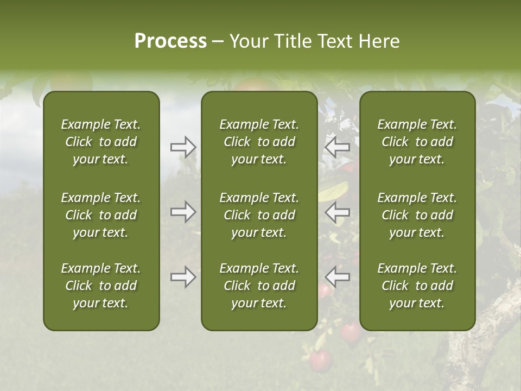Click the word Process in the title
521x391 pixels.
pos(170,41)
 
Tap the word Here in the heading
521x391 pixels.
pos(379,41)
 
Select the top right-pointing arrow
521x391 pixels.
pos(183,147)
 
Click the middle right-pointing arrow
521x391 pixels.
pos(183,212)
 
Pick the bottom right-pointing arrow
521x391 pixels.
pos(183,277)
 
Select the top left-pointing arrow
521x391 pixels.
pos(338,147)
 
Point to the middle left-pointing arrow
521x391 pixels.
pos(338,212)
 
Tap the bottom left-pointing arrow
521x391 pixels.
pos(338,277)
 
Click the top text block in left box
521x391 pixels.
pos(101,142)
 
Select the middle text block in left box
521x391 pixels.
pos(101,215)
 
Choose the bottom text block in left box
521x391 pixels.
pos(101,286)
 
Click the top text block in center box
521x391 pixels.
pos(259,142)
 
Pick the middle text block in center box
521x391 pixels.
pos(259,215)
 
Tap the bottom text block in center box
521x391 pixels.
pos(259,286)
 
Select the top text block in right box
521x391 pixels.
pos(417,142)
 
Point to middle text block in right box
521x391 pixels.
pos(417,215)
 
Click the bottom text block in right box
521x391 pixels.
pos(417,286)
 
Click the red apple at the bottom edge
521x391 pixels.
pos(320,360)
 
